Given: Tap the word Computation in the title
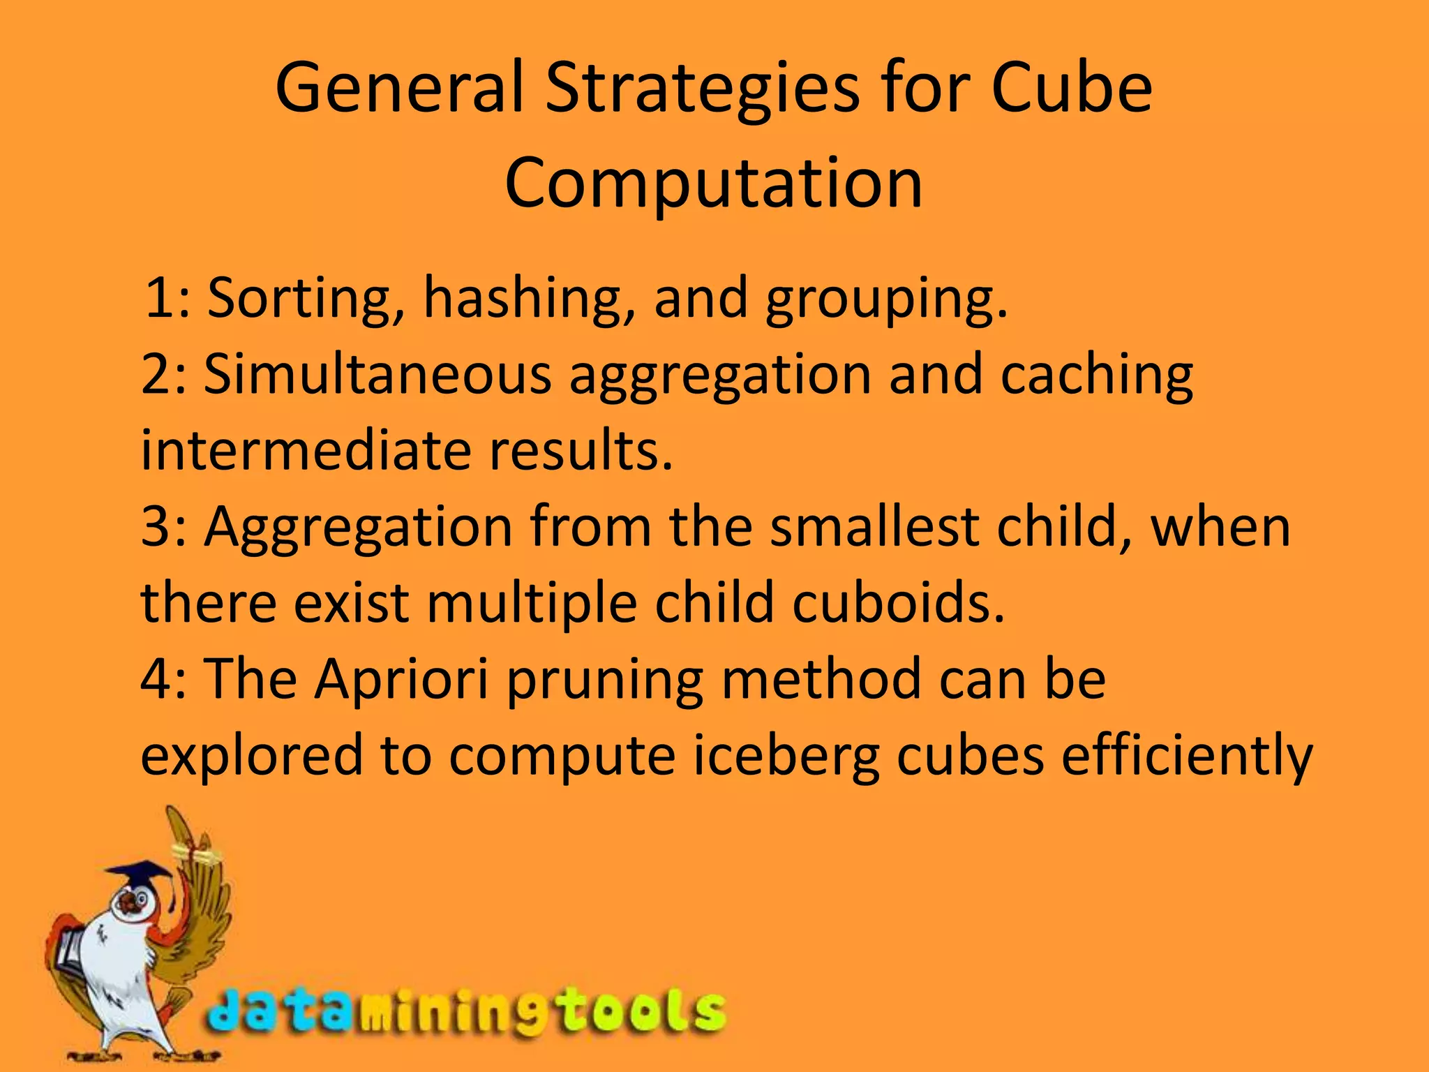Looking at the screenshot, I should tap(714, 184).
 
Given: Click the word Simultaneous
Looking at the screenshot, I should tap(377, 375).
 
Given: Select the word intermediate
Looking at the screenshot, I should tap(306, 450).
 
